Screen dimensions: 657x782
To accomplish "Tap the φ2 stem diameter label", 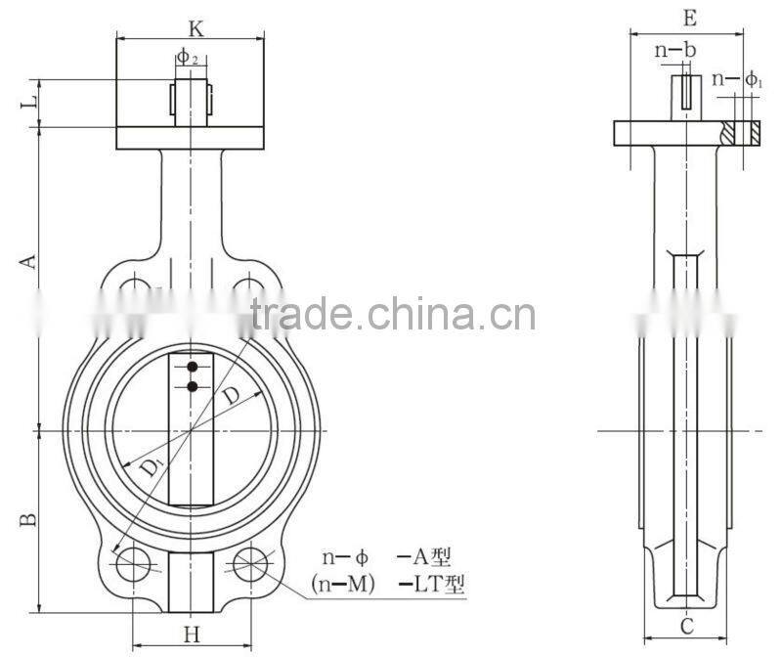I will click(189, 59).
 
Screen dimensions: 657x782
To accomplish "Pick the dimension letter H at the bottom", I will click(192, 635).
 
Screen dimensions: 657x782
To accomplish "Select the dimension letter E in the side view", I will click(689, 18).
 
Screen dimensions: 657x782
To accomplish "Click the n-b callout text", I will click(677, 48).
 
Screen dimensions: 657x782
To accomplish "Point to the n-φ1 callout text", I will click(738, 79).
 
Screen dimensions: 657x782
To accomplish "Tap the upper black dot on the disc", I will click(193, 368).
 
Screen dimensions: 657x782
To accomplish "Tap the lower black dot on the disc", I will click(193, 387).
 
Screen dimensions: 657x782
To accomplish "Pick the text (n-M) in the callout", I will click(343, 585).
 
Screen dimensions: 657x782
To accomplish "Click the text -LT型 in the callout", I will click(430, 585).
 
